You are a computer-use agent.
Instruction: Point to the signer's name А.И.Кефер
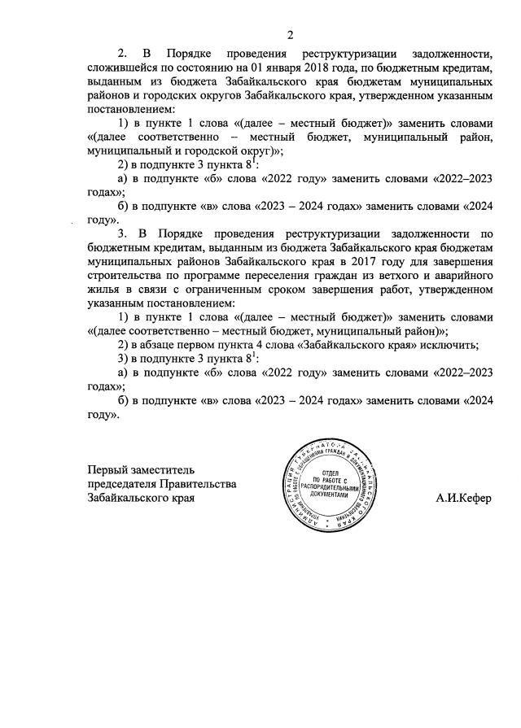click(463, 497)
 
